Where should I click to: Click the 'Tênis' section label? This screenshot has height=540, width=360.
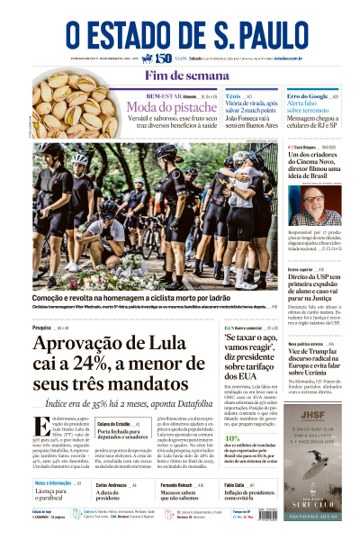[232, 94]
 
